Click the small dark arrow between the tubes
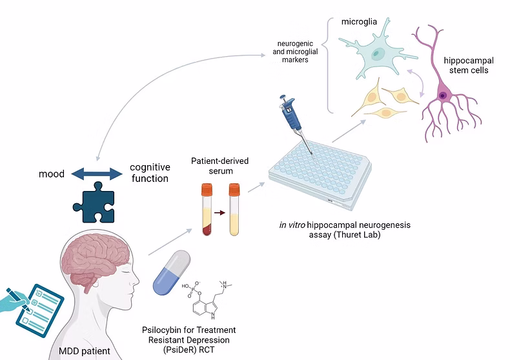pyautogui.click(x=220, y=211)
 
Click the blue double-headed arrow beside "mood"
pyautogui.click(x=96, y=174)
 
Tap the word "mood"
pyautogui.click(x=52, y=174)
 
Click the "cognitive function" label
pyautogui.click(x=149, y=172)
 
